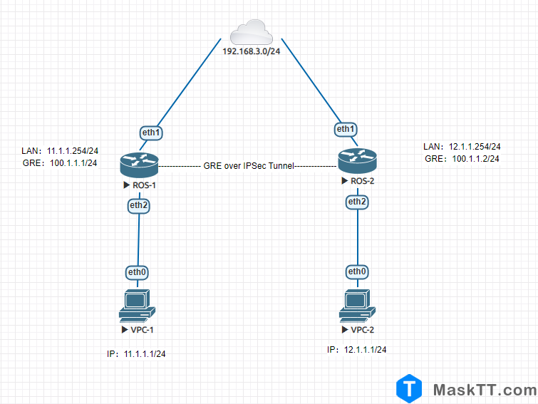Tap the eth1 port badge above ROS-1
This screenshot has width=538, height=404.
[150, 132]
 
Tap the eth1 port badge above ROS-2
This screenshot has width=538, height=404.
[346, 129]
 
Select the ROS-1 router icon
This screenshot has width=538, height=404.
[138, 166]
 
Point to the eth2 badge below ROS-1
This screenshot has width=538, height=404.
[138, 205]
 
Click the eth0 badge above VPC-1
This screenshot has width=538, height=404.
[138, 271]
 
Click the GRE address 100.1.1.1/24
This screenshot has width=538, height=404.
[73, 163]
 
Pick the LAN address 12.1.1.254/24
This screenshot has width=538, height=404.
[474, 146]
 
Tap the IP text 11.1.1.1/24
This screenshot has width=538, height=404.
[146, 353]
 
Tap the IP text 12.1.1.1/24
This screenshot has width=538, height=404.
[366, 350]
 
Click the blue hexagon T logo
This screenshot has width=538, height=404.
[410, 389]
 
